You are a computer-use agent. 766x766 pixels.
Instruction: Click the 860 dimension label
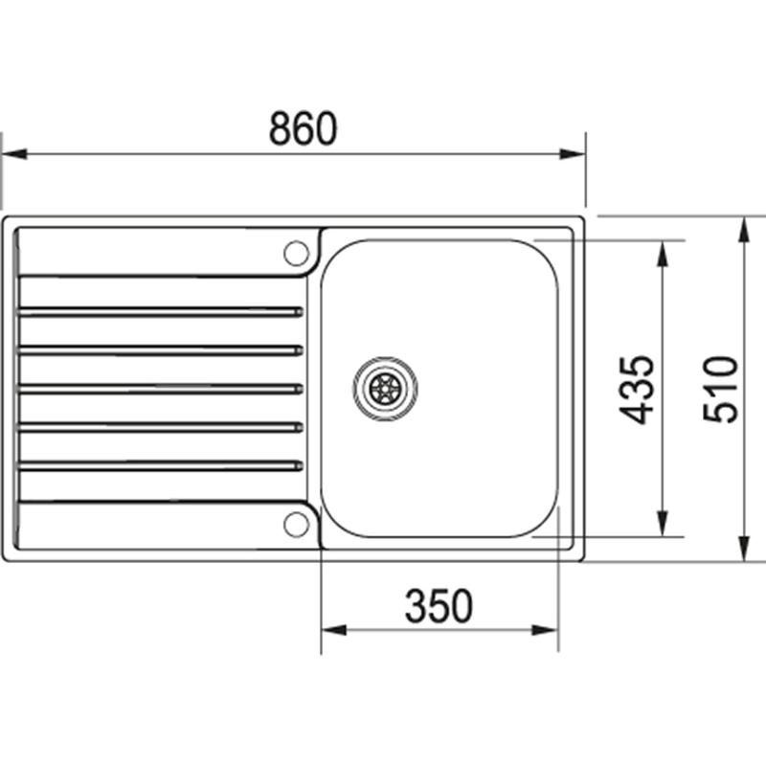click(x=303, y=129)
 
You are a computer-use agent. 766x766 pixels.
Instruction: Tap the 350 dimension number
click(x=439, y=606)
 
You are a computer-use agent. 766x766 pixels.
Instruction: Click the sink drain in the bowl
click(x=385, y=388)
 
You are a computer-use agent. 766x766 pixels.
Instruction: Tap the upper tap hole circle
click(x=297, y=253)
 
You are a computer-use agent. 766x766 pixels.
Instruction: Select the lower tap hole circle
click(x=297, y=523)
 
